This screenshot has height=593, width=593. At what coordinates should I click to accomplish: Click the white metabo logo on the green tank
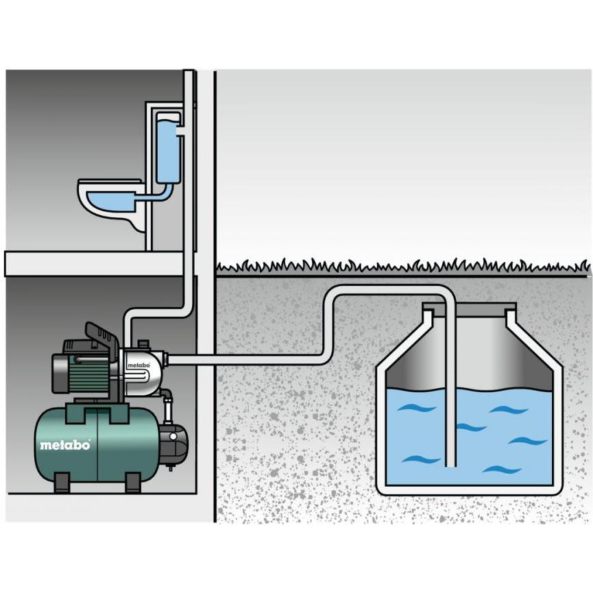65,445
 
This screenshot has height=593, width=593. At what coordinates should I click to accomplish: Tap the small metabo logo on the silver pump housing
138,365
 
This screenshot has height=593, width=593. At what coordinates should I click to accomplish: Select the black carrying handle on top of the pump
100,335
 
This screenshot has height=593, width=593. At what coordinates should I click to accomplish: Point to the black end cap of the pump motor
60,372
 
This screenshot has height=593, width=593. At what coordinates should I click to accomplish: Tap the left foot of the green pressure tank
62,483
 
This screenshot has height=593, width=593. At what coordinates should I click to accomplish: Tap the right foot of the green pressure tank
133,483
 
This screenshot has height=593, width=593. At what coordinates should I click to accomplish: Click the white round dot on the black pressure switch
173,437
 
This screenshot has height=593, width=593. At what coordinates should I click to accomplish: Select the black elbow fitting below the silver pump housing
168,397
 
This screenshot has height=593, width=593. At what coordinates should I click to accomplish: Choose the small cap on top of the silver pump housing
143,344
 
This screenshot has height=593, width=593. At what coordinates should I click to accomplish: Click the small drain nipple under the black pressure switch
171,468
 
